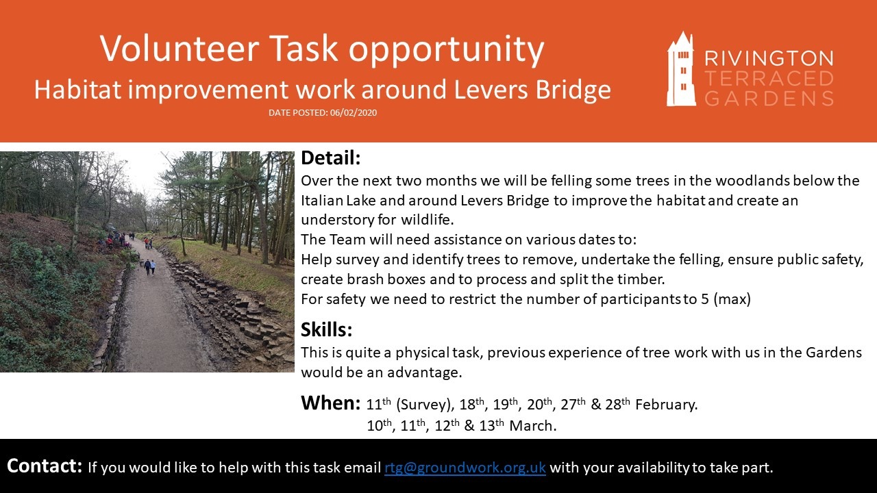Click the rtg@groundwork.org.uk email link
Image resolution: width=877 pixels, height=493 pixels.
pos(465,468)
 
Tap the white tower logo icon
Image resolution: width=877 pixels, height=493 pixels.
pos(681,69)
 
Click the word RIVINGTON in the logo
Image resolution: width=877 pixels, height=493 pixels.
pos(769,59)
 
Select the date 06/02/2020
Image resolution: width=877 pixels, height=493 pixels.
pos(353,113)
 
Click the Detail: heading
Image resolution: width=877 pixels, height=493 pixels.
pos(330,158)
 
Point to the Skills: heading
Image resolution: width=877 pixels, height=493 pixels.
pos(326,329)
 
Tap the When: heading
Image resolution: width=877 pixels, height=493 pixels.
pos(330,403)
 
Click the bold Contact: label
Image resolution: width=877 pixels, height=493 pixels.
pos(45,466)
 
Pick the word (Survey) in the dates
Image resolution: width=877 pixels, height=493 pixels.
pos(425,405)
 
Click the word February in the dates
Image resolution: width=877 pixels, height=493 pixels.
pos(666,405)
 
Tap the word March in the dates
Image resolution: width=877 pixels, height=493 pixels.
pos(532,426)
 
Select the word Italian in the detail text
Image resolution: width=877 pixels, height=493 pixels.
pos(321,201)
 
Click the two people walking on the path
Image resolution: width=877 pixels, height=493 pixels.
pos(150,267)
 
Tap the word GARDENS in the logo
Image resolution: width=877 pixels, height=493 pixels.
pos(769,98)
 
